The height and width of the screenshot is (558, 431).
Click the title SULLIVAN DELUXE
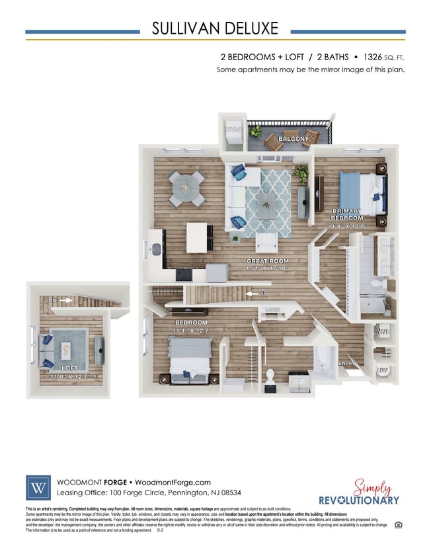215,28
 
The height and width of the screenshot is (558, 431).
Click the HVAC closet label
233,130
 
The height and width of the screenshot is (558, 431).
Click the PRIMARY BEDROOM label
347,214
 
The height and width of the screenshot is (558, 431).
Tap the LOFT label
69,368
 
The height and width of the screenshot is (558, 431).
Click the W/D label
383,331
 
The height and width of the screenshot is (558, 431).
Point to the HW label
382,372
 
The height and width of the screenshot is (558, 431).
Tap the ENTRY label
347,363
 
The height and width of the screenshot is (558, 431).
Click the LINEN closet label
272,309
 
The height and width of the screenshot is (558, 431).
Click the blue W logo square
38,487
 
